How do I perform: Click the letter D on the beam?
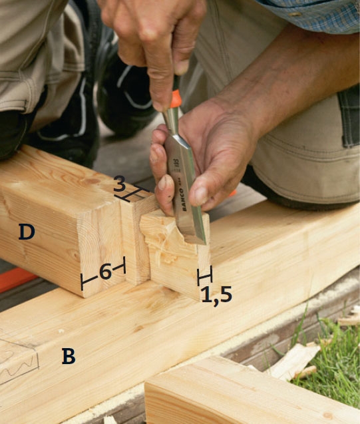pos(27,232)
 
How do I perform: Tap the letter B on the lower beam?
pos(69,356)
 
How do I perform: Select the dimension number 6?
pos(105,271)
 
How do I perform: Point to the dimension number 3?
pos(120,183)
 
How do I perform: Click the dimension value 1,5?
pos(217,296)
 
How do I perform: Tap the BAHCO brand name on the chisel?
pos(183,199)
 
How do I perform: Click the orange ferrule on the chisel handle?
pos(176,99)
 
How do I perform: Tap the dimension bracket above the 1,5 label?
pos(204,276)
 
